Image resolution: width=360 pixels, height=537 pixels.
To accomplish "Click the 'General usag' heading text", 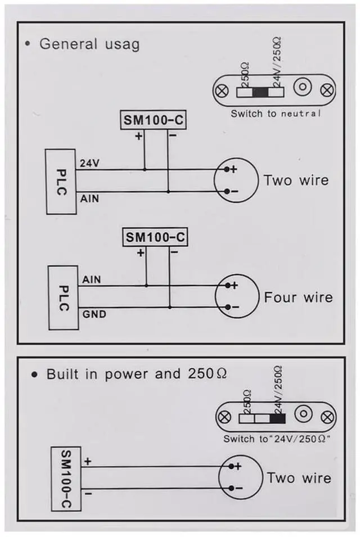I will (89, 44).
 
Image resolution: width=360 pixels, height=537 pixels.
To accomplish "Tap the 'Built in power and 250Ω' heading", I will (136, 374).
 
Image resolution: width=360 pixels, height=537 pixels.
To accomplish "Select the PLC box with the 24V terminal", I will (61, 181).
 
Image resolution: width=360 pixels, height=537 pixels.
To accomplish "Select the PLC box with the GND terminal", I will (63, 297).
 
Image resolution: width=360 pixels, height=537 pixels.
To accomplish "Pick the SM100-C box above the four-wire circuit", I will (155, 237).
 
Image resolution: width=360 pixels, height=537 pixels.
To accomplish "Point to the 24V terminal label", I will (90, 164).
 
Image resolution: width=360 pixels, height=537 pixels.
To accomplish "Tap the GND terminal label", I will (94, 314).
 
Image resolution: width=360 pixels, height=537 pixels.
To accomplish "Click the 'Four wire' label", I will (298, 297).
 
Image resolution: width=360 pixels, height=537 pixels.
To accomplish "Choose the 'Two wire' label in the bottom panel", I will (299, 478).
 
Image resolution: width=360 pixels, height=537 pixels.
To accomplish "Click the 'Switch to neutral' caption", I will (276, 114).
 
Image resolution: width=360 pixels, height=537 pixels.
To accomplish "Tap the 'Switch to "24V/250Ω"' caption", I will (276, 439).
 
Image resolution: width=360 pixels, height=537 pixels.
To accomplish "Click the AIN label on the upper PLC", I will (90, 198).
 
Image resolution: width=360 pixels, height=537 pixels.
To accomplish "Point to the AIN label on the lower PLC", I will (92, 279).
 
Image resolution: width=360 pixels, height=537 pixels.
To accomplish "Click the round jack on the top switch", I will (304, 88).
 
